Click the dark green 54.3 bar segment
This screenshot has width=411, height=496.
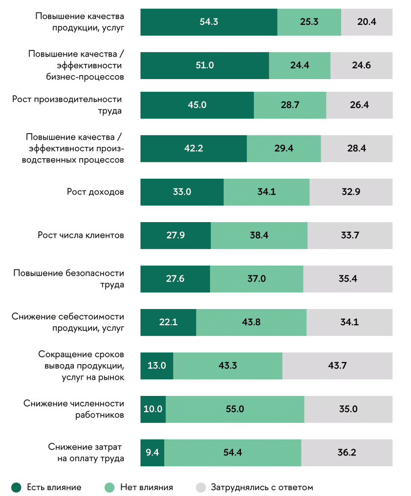pyautogui.click(x=209, y=22)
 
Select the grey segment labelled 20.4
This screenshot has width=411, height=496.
pyautogui.click(x=367, y=22)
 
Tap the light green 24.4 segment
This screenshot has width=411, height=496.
pyautogui.click(x=300, y=65)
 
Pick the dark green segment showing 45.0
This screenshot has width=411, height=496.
pyautogui.click(x=197, y=105)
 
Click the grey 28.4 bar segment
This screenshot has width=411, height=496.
pyautogui.click(x=356, y=148)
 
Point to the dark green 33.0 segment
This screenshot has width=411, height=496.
pyautogui.click(x=182, y=192)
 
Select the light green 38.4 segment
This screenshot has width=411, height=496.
pyautogui.click(x=259, y=235)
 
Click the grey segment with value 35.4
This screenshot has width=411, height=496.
pyautogui.click(x=347, y=279)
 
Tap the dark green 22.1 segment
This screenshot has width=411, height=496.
pyautogui.click(x=168, y=322)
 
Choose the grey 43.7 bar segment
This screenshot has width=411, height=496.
pyautogui.click(x=337, y=366)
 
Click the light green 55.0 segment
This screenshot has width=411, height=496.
pyautogui.click(x=235, y=409)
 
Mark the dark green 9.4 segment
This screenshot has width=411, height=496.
pyautogui.click(x=152, y=453)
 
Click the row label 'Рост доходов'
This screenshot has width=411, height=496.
pyautogui.click(x=95, y=192)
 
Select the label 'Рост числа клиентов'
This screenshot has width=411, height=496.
pyautogui.click(x=81, y=235)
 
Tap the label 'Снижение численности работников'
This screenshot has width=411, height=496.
pyautogui.click(x=73, y=409)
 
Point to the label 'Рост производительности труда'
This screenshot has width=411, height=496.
pyautogui.click(x=67, y=105)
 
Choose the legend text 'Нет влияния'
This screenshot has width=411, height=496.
pyautogui.click(x=146, y=487)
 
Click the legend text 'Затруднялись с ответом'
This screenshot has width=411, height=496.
pyautogui.click(x=261, y=487)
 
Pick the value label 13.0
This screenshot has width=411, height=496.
pyautogui.click(x=156, y=366)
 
